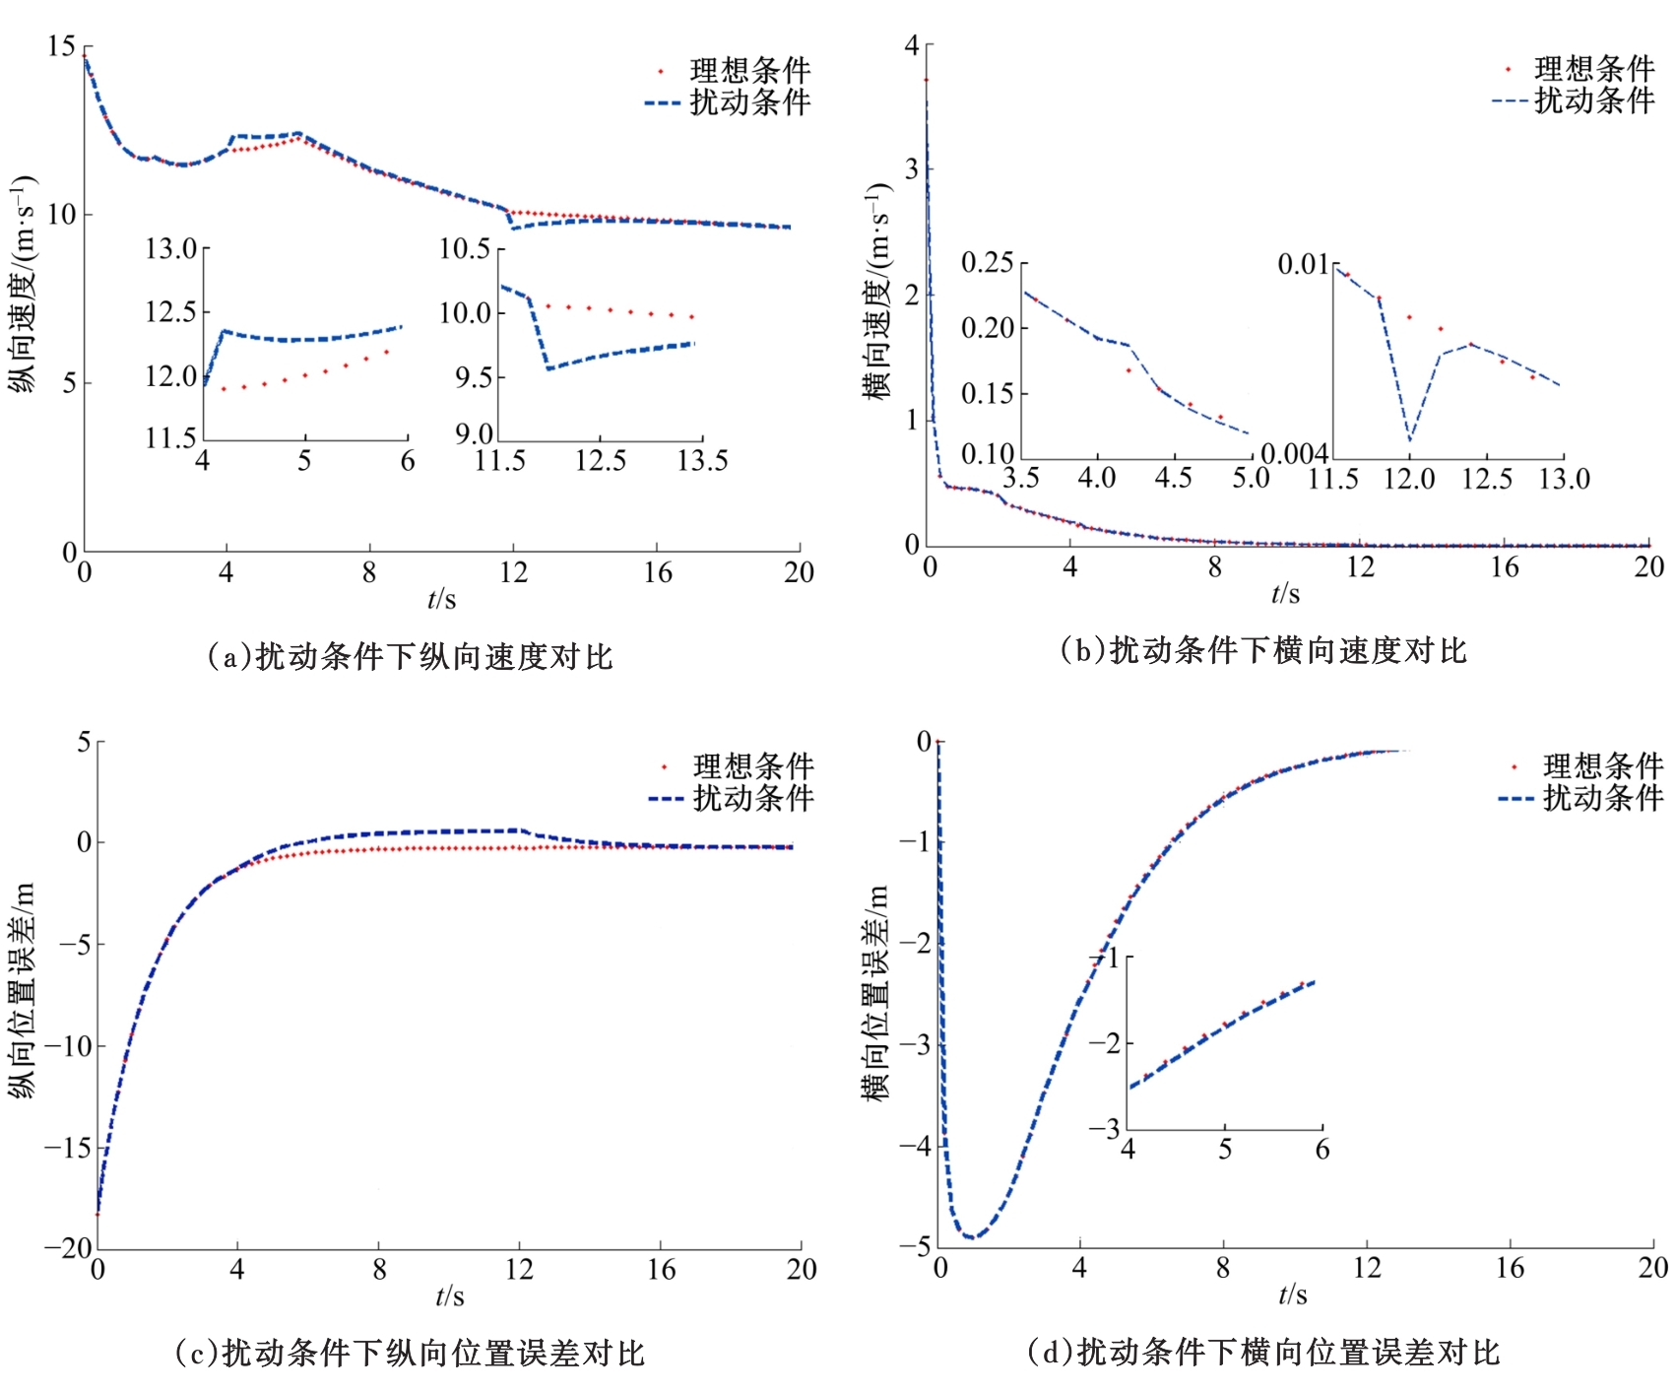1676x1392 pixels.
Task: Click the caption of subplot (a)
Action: click(410, 656)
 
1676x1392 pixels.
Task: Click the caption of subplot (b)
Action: click(1263, 650)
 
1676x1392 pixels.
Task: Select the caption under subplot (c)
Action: click(410, 1353)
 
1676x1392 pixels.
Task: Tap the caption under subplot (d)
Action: click(1263, 1352)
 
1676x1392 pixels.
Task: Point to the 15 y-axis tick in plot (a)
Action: click(61, 46)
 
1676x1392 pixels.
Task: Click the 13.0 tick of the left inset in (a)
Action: click(171, 248)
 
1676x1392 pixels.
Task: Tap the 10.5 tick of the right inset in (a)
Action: click(465, 248)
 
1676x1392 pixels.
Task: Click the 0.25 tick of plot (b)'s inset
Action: click(987, 263)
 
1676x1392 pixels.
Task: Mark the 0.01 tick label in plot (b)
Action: click(1303, 264)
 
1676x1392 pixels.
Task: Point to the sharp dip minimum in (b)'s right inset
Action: click(1410, 439)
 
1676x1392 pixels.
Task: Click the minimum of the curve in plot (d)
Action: click(971, 1236)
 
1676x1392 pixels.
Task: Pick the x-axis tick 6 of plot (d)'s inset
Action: click(1321, 1150)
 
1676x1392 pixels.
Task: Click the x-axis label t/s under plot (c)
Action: click(449, 1295)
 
